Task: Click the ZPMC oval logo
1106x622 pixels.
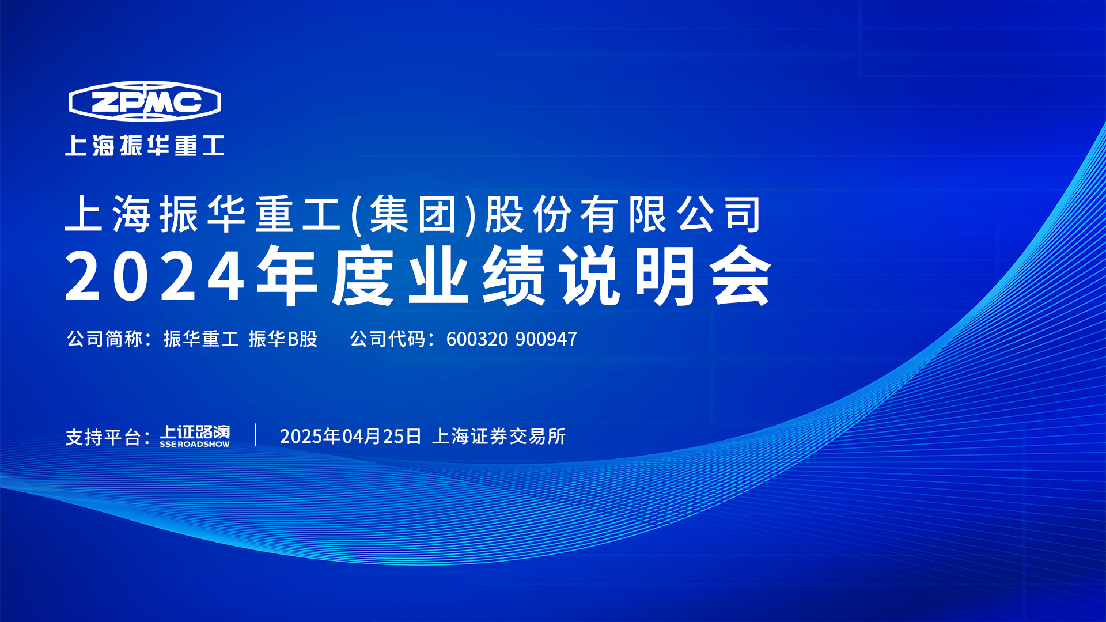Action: click(x=145, y=101)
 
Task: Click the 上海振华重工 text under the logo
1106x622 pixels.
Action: click(x=145, y=146)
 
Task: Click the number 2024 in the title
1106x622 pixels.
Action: click(x=156, y=276)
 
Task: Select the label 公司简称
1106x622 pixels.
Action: click(x=104, y=339)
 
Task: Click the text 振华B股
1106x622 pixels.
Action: click(x=283, y=339)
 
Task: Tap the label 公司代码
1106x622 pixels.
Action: click(x=388, y=339)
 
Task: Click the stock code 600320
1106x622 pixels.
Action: click(x=477, y=339)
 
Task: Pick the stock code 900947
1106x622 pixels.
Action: click(x=546, y=339)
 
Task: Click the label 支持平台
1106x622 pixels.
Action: click(x=104, y=437)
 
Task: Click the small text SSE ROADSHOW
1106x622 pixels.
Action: click(x=195, y=445)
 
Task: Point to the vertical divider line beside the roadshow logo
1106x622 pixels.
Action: click(x=256, y=435)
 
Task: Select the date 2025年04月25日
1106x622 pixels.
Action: click(x=351, y=436)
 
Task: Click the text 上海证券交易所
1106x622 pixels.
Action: click(x=499, y=436)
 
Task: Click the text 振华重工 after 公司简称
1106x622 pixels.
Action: click(x=201, y=339)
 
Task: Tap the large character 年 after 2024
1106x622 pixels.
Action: click(x=287, y=276)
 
